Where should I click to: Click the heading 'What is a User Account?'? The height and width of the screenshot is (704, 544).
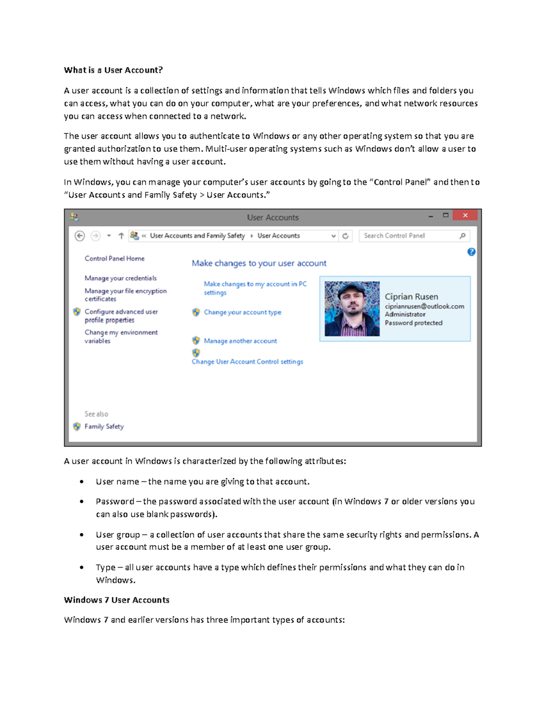tap(113, 70)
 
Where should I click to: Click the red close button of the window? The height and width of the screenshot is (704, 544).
tap(465, 215)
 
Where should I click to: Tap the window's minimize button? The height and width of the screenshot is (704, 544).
tap(430, 216)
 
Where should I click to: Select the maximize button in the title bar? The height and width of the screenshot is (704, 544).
tap(446, 215)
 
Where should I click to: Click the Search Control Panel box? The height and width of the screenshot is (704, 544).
tap(408, 236)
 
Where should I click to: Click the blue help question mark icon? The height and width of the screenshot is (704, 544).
tap(471, 252)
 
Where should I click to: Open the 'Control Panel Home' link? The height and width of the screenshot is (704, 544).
tap(114, 258)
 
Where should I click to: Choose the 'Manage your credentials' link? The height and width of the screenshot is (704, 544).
tap(121, 278)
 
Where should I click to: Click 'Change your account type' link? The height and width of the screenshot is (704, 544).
tap(243, 312)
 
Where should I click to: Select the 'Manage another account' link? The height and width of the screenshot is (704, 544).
tap(240, 341)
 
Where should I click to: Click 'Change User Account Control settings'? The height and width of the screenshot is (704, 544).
tap(247, 362)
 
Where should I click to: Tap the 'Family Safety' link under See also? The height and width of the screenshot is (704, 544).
tap(104, 427)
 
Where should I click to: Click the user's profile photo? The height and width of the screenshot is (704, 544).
tap(352, 309)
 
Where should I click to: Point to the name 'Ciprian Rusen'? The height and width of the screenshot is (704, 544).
tap(411, 296)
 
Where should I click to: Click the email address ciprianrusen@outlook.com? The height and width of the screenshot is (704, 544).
tap(424, 306)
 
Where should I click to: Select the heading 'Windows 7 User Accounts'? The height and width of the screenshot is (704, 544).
tap(117, 600)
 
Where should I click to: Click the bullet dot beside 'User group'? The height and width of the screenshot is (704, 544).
tap(82, 535)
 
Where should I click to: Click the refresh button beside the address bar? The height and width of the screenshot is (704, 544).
tap(345, 236)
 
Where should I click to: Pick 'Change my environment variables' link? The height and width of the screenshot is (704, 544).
tap(121, 336)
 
